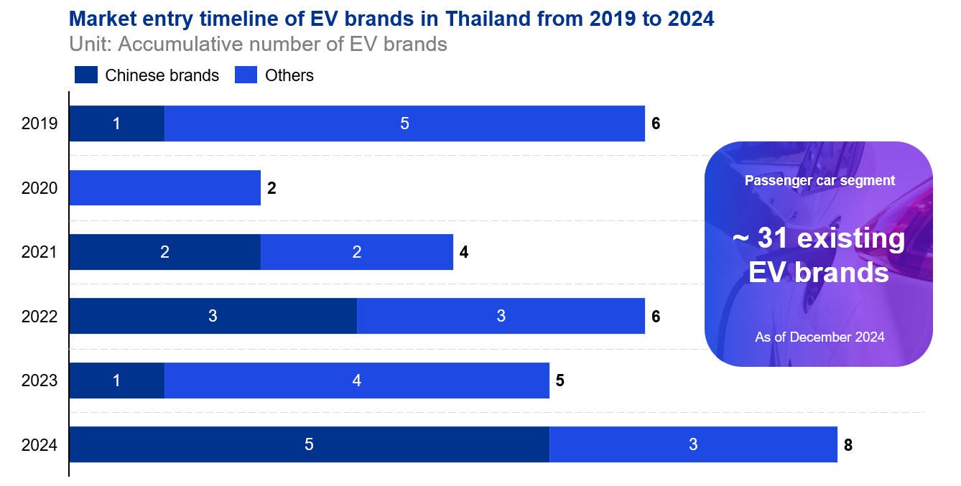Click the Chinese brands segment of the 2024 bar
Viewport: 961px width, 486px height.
coord(309,444)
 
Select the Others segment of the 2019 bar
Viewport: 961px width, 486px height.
coord(404,123)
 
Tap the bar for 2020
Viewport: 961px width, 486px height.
coord(164,188)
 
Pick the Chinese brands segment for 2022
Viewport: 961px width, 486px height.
coord(213,316)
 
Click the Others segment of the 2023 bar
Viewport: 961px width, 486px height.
coord(356,380)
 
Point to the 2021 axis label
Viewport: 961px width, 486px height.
coord(40,252)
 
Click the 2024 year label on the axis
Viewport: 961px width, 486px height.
coord(40,445)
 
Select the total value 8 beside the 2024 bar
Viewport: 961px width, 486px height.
coord(848,445)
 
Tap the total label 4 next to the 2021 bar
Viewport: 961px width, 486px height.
coord(464,252)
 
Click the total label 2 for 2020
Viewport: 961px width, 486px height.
coord(271,189)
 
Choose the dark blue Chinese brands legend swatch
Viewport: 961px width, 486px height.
coord(85,75)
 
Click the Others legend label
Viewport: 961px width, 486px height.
coord(289,75)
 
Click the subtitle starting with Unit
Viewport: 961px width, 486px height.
coord(258,44)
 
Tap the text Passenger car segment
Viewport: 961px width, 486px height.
coord(820,180)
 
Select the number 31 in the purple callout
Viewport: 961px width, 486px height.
coord(773,238)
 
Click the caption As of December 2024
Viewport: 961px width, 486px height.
coord(820,337)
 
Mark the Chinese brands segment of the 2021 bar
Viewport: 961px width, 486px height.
coord(164,252)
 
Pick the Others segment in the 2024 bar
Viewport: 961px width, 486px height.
coord(693,444)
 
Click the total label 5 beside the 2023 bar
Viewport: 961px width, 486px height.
coord(560,380)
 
